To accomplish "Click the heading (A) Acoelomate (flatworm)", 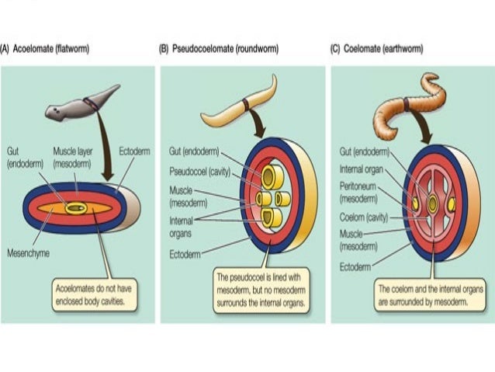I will [x=45, y=49].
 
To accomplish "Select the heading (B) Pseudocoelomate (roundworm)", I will [x=219, y=49].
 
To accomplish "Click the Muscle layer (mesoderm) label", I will [x=73, y=159].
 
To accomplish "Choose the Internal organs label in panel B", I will [x=182, y=226].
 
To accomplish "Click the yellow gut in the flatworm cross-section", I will [x=77, y=207].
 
